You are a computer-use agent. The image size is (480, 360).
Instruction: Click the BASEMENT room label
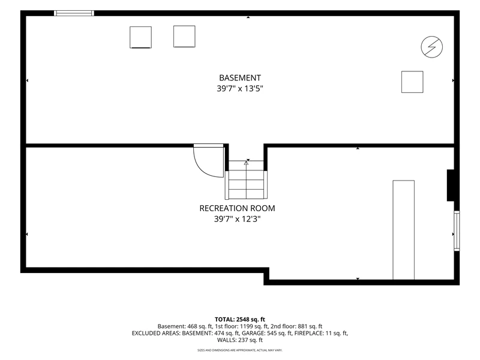pos(240,78)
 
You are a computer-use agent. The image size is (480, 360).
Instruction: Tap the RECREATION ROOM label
pos(237,208)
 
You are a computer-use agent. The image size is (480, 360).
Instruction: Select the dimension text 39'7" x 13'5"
pos(240,88)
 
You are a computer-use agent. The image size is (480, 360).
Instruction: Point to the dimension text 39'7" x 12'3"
pos(237,219)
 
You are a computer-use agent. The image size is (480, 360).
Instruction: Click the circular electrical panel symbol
pos(431,47)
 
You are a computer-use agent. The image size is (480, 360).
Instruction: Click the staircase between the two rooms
pos(246,179)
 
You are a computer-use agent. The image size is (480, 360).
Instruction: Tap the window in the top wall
pos(74,13)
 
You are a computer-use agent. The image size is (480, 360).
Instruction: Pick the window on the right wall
pos(457,231)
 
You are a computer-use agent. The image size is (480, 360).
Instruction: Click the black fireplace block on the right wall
pos(451,185)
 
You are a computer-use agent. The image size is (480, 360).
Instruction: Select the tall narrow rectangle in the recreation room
pos(403,230)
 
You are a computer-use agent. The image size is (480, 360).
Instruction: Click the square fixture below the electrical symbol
pos(412,82)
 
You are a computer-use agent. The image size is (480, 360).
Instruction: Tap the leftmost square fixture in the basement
pos(140,37)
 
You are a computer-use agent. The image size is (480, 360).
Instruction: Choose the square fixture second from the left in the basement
pos(184,37)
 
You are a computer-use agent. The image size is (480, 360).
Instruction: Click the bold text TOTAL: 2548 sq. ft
pos(239,320)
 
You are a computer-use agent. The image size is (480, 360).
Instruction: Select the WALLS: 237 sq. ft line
pos(240,340)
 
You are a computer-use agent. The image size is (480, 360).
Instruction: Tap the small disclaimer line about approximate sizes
pos(240,350)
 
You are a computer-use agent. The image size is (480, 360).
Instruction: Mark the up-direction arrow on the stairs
pos(246,163)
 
